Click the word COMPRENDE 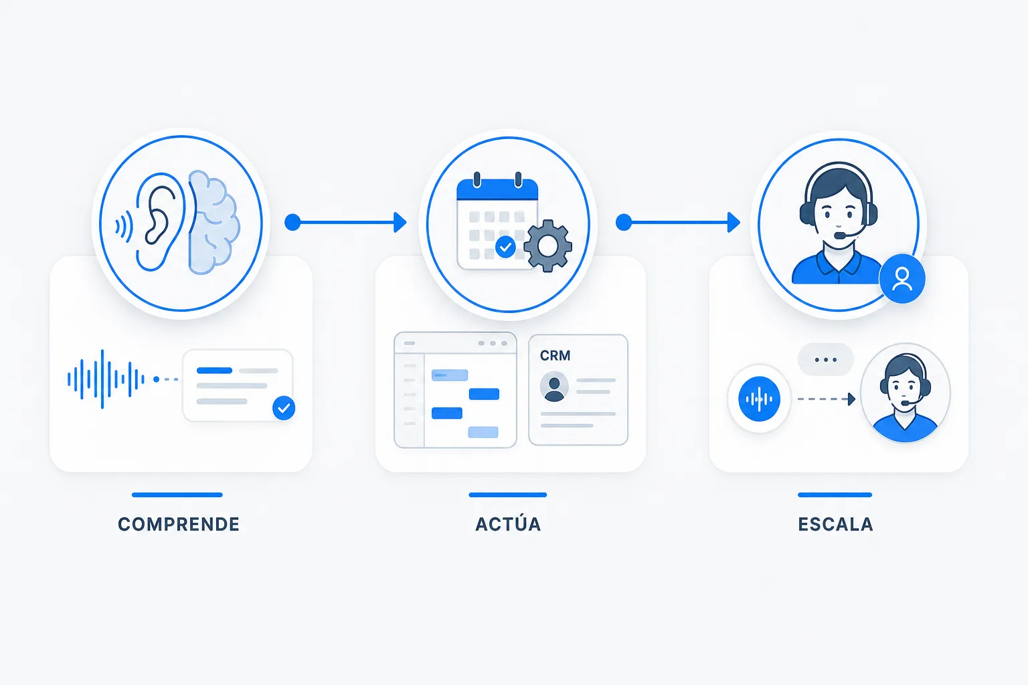coord(179,524)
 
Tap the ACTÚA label coord(508,523)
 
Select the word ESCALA coord(835,524)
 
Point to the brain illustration coord(214,223)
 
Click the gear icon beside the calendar coord(547,246)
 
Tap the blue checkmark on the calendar coord(505,248)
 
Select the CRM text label coord(555,356)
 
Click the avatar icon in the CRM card coord(554,387)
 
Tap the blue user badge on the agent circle coord(902,279)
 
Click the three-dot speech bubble coord(826,360)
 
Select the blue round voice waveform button coord(759,399)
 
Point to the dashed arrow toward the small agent coord(827,399)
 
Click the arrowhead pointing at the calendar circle coord(400,223)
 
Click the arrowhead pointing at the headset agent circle coord(734,223)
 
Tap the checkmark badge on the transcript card coord(284,408)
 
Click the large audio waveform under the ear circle coord(106,379)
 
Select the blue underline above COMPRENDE coord(177,494)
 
